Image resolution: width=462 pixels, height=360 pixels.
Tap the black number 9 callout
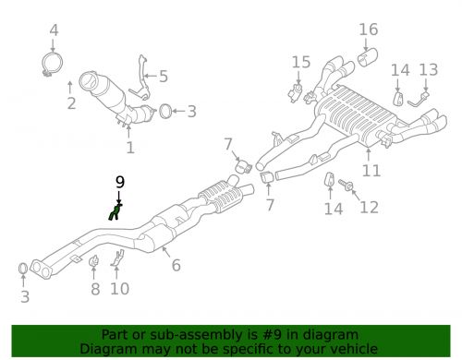[118, 182]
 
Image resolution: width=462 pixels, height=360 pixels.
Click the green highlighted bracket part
[115, 213]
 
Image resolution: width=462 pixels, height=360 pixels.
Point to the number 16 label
[369, 30]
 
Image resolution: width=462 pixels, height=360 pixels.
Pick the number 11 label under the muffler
[371, 171]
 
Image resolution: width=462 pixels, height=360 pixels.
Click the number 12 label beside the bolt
[369, 207]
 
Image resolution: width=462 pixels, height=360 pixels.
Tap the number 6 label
[176, 266]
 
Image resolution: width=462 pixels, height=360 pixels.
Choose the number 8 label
[93, 290]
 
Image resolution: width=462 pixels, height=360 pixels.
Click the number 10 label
[119, 290]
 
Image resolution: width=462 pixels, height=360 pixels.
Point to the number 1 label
[129, 146]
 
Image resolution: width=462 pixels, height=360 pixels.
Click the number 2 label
[71, 102]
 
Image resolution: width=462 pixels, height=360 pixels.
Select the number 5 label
[164, 77]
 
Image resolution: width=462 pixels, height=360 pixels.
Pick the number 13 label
[428, 70]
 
